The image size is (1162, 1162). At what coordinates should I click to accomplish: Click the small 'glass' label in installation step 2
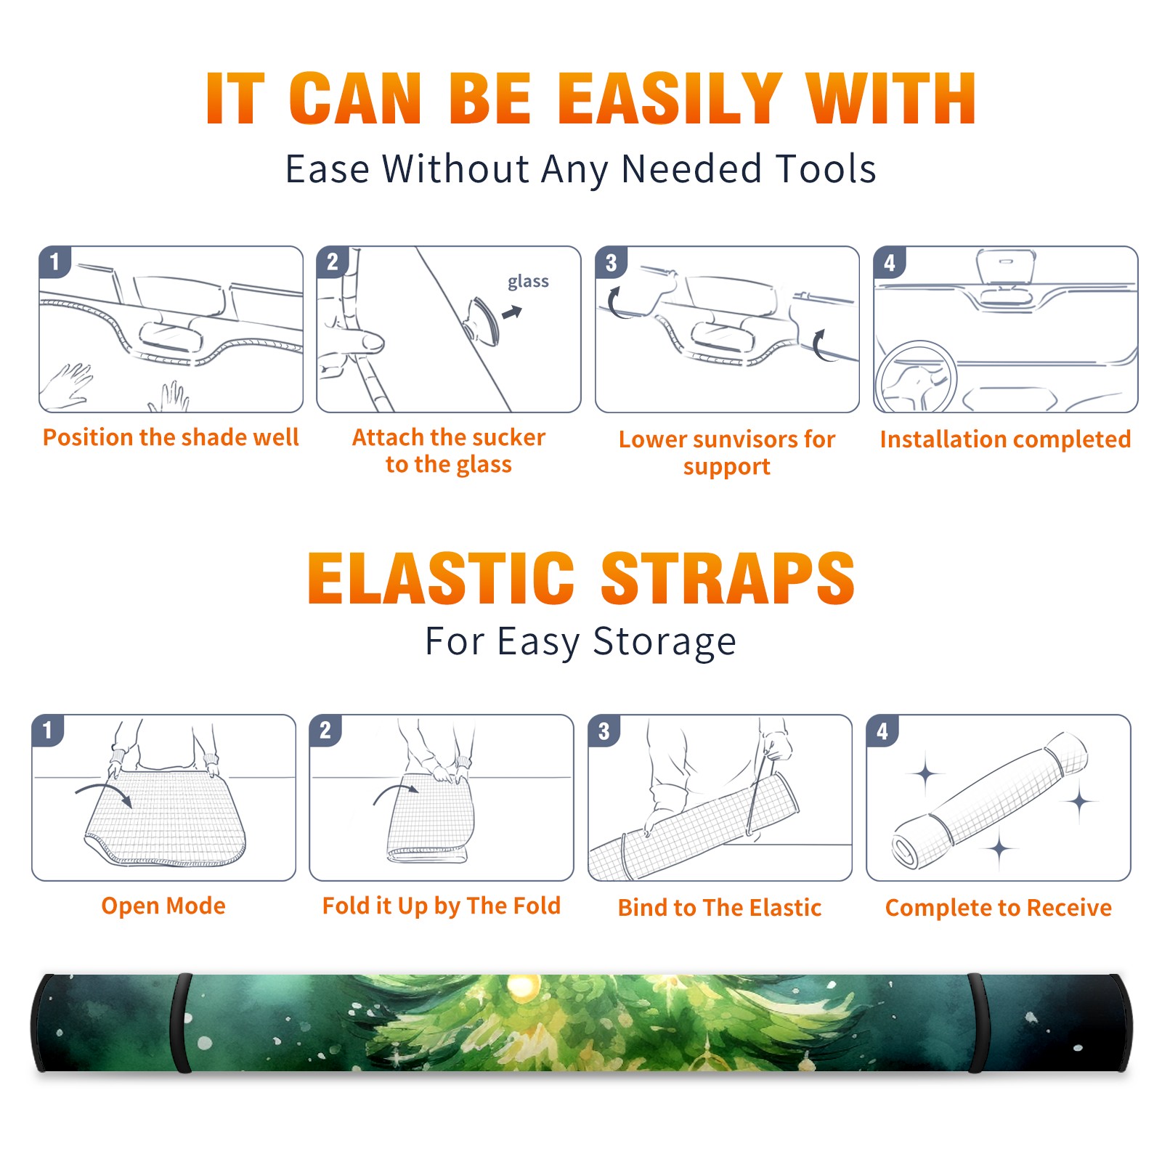point(528,282)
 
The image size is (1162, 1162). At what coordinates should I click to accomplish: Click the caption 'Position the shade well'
point(171,437)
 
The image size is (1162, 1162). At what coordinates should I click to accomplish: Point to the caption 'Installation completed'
point(1005,439)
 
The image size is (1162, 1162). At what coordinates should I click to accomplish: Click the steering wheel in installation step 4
point(917,376)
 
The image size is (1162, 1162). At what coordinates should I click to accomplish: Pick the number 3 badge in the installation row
point(611,262)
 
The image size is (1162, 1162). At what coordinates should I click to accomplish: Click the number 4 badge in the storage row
point(882,731)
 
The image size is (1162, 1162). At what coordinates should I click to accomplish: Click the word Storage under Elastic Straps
point(665,642)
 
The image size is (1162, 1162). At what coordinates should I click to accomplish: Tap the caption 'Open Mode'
point(163,906)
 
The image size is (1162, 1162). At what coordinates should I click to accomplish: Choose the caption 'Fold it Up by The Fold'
point(442,906)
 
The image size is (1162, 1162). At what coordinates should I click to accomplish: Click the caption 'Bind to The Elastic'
point(720,907)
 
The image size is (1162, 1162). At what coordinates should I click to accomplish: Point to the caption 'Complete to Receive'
point(999,908)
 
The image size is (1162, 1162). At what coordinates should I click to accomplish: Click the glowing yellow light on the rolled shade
point(522,986)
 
